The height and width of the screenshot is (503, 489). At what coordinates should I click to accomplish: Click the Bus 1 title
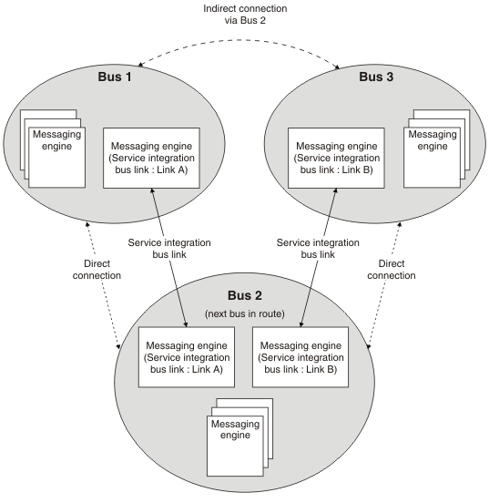(115, 77)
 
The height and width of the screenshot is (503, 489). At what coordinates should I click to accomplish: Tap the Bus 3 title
(376, 77)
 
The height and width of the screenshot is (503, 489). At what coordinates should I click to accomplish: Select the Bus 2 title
(245, 295)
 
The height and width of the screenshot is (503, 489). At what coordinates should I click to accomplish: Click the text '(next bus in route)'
(245, 313)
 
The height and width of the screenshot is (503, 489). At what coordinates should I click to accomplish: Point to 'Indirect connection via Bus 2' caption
(245, 15)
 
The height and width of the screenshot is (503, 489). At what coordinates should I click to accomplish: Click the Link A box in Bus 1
(151, 158)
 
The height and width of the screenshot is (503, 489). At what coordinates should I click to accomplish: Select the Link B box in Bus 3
(336, 158)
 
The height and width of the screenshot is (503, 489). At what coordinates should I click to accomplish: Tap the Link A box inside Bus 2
(187, 357)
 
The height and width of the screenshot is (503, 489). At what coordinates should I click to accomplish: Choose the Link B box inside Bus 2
(301, 357)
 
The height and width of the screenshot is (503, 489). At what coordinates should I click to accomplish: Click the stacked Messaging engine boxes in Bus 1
(53, 149)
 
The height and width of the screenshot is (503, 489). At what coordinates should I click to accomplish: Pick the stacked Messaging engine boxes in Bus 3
(437, 149)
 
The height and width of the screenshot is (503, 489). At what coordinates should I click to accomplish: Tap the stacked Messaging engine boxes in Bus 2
(239, 437)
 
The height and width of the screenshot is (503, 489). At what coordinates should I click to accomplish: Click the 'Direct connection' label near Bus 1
(97, 270)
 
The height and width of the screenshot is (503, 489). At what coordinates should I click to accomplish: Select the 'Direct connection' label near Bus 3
(392, 270)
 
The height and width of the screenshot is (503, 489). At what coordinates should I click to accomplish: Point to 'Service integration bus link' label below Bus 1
(169, 249)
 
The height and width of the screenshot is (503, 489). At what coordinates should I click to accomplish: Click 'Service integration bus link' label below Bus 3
(318, 249)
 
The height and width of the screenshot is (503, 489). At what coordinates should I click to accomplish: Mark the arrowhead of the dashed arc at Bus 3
(337, 67)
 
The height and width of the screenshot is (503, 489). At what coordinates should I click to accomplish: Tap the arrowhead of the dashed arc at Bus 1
(140, 65)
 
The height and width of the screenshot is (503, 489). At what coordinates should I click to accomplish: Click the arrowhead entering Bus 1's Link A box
(152, 190)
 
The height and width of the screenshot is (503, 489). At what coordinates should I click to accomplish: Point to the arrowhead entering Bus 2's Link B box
(301, 324)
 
